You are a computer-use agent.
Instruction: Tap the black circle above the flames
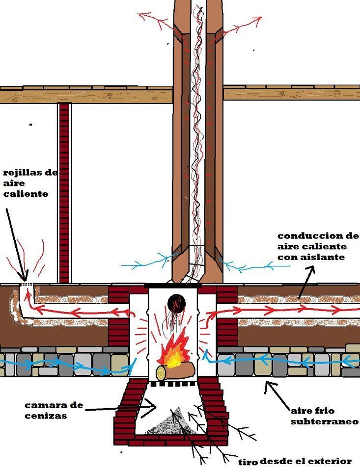coord(174,303)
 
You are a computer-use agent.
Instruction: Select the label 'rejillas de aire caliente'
coord(30,183)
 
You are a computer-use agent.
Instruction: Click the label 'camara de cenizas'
coord(55,411)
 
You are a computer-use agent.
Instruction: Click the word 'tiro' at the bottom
coord(249,462)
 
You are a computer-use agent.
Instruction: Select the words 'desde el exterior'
coord(305,461)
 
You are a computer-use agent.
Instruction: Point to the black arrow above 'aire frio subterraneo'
coord(277,394)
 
